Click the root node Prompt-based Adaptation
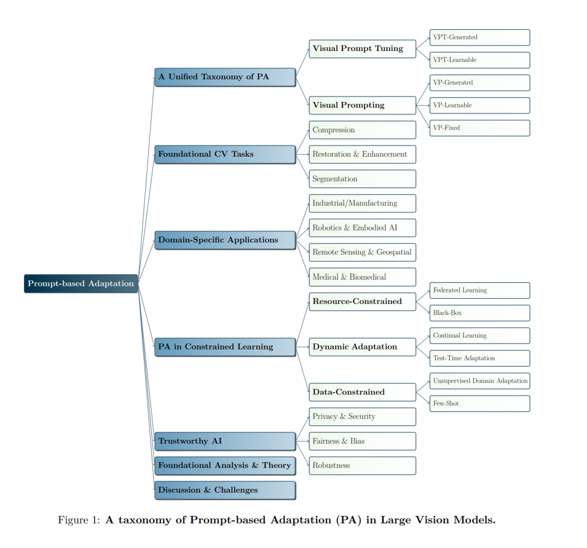coord(81,283)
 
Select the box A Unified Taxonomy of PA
coord(225,77)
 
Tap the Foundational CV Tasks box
coord(225,154)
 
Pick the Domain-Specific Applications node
coord(225,240)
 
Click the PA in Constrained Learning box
coord(225,347)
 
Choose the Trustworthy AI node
coord(225,441)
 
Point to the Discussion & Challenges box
coord(225,490)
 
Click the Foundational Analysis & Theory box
coord(225,466)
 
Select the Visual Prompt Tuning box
coord(363,48)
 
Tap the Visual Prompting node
coord(363,105)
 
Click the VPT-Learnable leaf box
coord(479,60)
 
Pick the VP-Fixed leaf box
coord(479,128)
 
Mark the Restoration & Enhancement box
coord(363,154)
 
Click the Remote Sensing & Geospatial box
coord(363,252)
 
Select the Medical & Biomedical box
coord(363,277)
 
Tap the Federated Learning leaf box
coord(479,290)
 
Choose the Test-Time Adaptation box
coord(479,358)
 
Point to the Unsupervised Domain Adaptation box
coord(479,381)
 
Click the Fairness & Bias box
coord(363,441)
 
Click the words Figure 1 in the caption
coord(78,520)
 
